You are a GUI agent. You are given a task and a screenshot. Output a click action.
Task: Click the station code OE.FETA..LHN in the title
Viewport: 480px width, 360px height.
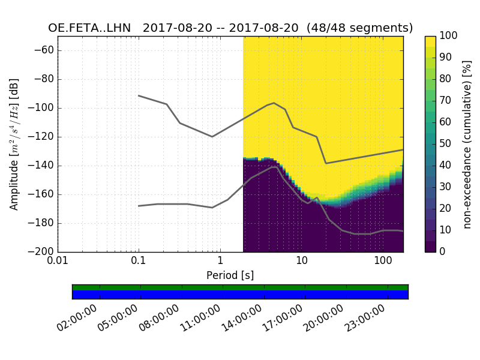pyautogui.click(x=91, y=28)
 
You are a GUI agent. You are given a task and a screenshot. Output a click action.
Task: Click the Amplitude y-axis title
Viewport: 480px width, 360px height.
pyautogui.click(x=14, y=144)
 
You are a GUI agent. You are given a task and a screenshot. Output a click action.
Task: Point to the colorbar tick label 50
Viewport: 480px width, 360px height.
pyautogui.click(x=446, y=143)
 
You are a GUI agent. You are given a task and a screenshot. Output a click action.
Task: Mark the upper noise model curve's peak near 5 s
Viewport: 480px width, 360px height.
pyautogui.click(x=274, y=103)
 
